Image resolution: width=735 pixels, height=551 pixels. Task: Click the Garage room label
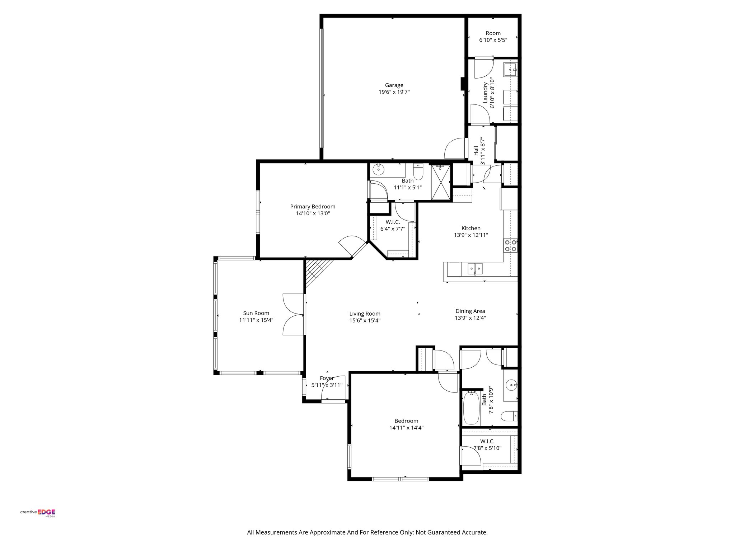coord(394,85)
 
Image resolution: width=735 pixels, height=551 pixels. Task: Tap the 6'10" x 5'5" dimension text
coord(493,40)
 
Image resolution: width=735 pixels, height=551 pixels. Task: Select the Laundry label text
coord(485,93)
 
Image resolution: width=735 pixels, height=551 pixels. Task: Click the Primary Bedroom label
coord(313,207)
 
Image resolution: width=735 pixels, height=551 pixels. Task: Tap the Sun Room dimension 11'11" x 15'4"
coord(256,320)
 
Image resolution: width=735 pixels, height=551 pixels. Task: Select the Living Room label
coord(365,314)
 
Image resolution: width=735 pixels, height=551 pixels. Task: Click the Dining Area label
coord(470,311)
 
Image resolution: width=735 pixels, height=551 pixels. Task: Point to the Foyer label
coord(327,378)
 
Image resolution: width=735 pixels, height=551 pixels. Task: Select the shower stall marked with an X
coord(440,182)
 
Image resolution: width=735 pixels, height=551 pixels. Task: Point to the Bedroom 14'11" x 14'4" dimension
coord(406,428)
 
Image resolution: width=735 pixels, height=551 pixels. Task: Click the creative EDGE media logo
coord(38,513)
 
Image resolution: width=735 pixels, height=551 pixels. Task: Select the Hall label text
coord(476,151)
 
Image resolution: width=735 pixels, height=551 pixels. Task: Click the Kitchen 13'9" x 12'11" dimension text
coord(471,235)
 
